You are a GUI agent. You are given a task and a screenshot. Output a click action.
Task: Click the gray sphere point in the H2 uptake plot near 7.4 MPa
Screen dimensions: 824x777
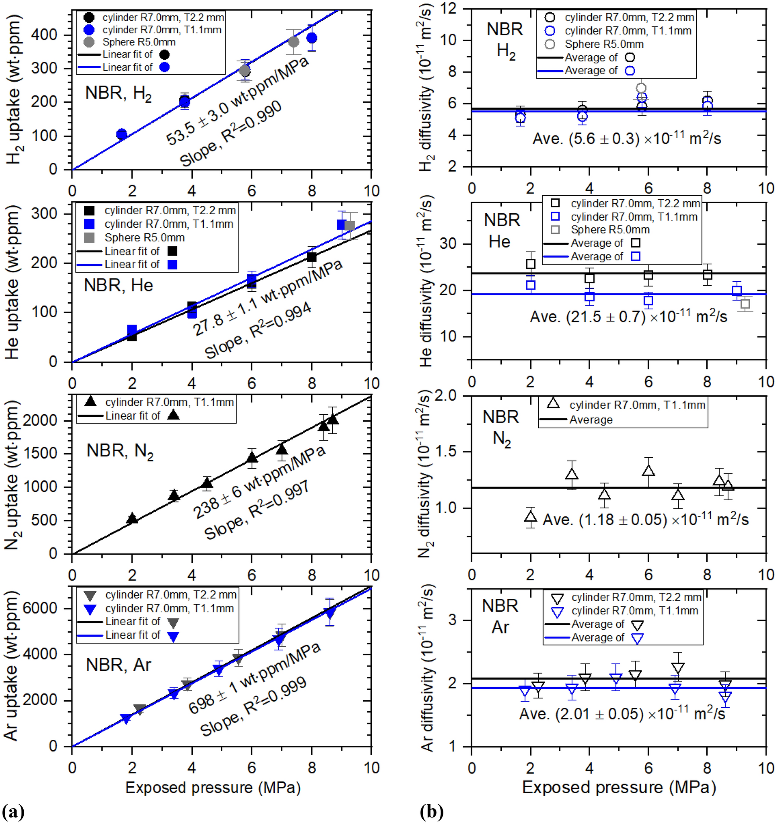click(294, 42)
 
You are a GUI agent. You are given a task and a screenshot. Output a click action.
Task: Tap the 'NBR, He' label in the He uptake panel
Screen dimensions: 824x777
click(118, 286)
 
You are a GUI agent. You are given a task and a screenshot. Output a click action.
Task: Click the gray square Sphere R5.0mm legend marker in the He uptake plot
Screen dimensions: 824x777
click(89, 237)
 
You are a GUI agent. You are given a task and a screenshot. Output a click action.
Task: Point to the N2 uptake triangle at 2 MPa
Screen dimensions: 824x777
click(132, 519)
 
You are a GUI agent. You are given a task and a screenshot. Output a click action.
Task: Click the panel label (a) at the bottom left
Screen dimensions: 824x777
click(13, 812)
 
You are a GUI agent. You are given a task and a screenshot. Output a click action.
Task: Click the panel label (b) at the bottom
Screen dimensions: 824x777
click(431, 812)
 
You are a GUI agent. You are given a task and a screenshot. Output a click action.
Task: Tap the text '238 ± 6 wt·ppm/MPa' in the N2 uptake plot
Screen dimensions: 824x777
click(259, 482)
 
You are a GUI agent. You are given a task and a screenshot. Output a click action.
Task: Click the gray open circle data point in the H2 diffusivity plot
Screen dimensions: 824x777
click(641, 88)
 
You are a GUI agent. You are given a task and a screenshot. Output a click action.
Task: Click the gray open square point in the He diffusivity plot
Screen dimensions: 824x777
click(745, 304)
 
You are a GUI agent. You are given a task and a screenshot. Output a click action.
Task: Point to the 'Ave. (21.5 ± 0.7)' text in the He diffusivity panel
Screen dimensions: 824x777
click(588, 317)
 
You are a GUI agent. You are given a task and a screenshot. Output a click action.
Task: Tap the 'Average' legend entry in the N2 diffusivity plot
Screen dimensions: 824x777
click(591, 420)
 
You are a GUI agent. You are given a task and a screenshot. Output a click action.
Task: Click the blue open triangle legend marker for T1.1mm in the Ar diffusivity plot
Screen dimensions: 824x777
click(557, 611)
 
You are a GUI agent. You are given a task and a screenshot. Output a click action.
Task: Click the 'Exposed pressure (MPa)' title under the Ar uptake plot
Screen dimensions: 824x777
click(213, 788)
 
